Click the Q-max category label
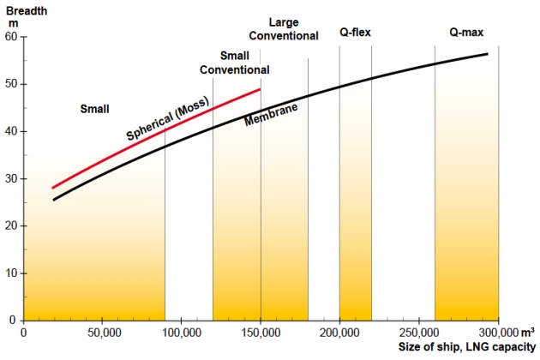(466, 33)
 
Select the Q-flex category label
(355, 33)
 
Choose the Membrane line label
(271, 118)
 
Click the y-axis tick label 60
(11, 37)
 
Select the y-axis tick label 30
(11, 179)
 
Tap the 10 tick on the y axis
(11, 273)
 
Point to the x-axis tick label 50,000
(102, 332)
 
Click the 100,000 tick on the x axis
(181, 332)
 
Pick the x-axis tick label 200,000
(339, 332)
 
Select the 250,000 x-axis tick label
(419, 332)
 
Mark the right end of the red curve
(260, 89)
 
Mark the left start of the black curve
(53, 200)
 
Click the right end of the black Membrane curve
(488, 54)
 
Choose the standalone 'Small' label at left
(94, 109)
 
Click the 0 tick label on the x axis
(23, 332)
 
